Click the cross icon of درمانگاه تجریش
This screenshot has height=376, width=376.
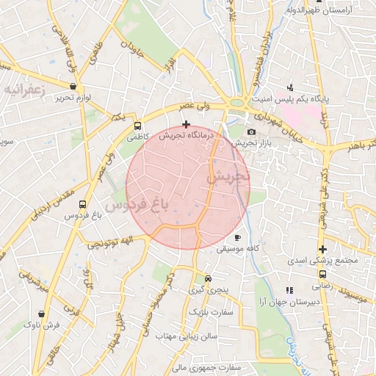[x=186, y=124]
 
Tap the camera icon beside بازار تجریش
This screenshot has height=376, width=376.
[x=252, y=131]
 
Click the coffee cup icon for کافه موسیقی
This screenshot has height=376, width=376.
[x=236, y=238]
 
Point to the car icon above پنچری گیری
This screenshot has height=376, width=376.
[x=209, y=279]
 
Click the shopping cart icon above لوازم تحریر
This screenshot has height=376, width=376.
[x=73, y=87]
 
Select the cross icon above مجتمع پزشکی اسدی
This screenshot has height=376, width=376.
[x=322, y=249]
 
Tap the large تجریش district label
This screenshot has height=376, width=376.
[x=228, y=177]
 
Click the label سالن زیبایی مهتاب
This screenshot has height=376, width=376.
[x=187, y=336]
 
